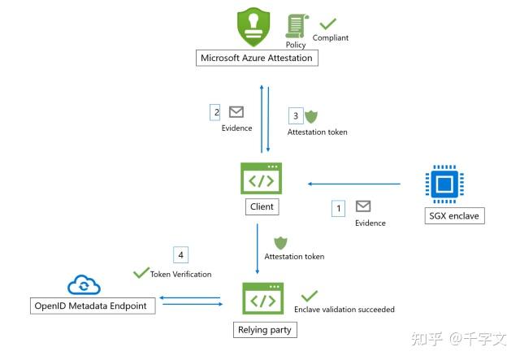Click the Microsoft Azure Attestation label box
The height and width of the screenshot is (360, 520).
coord(257,58)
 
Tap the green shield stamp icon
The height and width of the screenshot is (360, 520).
coord(253,27)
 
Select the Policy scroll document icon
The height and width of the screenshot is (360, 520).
coord(297,26)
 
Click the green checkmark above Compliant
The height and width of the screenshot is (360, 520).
coord(328,24)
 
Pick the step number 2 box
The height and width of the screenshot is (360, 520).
coord(214,112)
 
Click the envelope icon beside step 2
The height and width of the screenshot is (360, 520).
coord(236,112)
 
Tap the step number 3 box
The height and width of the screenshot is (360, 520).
coord(296,115)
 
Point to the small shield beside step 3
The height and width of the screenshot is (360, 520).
coord(311,116)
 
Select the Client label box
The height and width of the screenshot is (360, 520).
coord(262,206)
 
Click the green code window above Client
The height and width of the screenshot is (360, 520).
coord(262,178)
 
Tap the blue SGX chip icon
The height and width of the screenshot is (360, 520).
coord(444,184)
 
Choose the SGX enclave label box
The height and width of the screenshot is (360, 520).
coord(454,216)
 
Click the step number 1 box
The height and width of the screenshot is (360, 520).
coord(338,208)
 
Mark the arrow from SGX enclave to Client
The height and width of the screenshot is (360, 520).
coord(354,184)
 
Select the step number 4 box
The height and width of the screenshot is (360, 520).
coord(180,255)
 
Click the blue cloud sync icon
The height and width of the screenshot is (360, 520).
coord(84,285)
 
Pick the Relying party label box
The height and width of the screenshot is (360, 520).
coord(265,330)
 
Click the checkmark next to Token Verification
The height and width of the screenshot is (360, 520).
coord(141,272)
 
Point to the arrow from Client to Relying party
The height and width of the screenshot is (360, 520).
coord(258,249)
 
